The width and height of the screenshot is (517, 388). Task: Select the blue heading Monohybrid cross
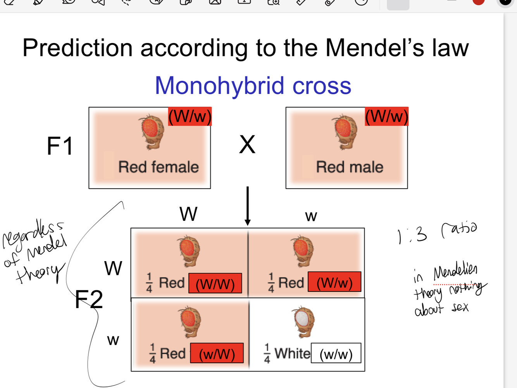click(x=253, y=86)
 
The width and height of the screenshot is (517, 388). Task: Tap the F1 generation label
click(x=60, y=146)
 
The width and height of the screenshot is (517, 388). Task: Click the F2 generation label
click(x=89, y=300)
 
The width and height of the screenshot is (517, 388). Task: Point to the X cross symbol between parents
click(x=247, y=145)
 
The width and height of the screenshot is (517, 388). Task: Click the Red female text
click(x=158, y=167)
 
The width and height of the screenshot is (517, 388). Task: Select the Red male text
click(x=350, y=167)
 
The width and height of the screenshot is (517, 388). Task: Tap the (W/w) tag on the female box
click(x=190, y=116)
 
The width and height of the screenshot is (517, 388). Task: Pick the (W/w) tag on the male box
click(x=387, y=116)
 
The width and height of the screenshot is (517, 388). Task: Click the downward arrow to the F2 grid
click(x=248, y=206)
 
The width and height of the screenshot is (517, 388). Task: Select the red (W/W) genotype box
click(x=215, y=284)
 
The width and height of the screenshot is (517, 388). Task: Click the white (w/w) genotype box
click(x=336, y=353)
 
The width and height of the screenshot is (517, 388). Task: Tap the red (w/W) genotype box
click(x=217, y=353)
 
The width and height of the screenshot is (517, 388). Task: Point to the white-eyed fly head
click(x=303, y=320)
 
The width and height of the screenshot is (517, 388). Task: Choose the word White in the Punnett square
click(x=292, y=353)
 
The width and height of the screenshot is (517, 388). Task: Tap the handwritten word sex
click(x=460, y=308)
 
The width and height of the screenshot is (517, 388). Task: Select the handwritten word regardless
click(x=33, y=232)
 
